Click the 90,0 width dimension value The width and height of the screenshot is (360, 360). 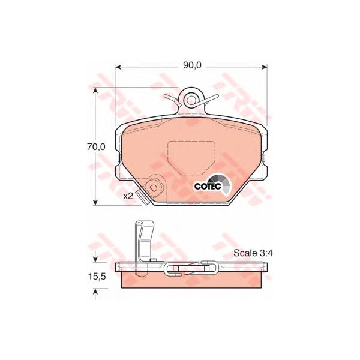pyautogui.click(x=192, y=65)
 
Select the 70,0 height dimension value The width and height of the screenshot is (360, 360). pyautogui.click(x=96, y=147)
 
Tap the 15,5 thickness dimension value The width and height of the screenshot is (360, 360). pyautogui.click(x=97, y=277)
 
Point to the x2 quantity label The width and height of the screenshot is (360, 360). pyautogui.click(x=128, y=196)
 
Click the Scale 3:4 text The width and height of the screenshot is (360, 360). pyautogui.click(x=253, y=253)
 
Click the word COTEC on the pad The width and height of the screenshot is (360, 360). pyautogui.click(x=208, y=186)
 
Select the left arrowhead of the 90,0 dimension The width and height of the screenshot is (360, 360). pyautogui.click(x=118, y=67)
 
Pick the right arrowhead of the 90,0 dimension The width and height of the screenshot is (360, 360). pyautogui.click(x=265, y=67)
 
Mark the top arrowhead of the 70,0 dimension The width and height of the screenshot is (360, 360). pyautogui.click(x=95, y=90)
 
